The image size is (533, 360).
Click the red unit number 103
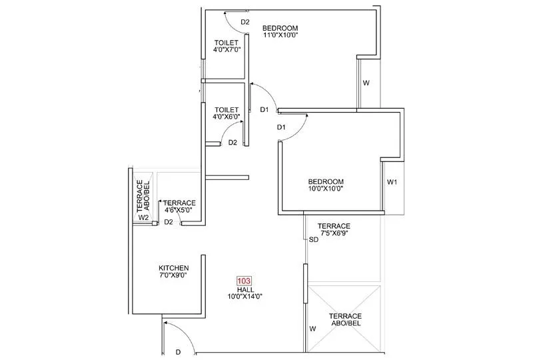(x=243, y=281)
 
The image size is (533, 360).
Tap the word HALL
(x=243, y=289)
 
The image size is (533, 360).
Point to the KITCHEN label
(x=173, y=268)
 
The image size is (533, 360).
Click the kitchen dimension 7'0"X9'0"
(x=173, y=275)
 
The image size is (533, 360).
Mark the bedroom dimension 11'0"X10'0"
(x=280, y=35)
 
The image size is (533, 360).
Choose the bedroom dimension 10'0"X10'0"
(x=325, y=189)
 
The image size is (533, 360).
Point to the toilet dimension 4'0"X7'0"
(x=225, y=49)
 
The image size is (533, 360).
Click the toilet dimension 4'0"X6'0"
(x=227, y=117)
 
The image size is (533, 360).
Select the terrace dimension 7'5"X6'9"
(x=334, y=233)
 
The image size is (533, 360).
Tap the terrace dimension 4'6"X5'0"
(x=179, y=210)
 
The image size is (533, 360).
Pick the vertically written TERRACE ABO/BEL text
(x=143, y=195)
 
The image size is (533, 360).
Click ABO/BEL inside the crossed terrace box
(x=345, y=323)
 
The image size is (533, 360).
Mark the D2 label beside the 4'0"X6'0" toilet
(x=233, y=142)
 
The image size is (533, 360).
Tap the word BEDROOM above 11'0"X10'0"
(x=280, y=27)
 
